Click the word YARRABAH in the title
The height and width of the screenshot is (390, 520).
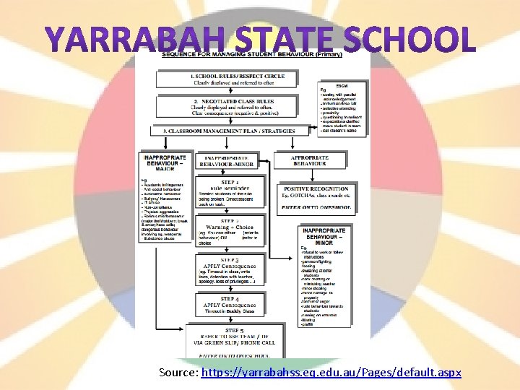tap(116, 40)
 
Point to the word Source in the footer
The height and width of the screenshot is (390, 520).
tap(180, 373)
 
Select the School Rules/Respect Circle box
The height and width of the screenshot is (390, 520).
tap(237, 79)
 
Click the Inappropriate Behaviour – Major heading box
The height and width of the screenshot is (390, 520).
tap(165, 160)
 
